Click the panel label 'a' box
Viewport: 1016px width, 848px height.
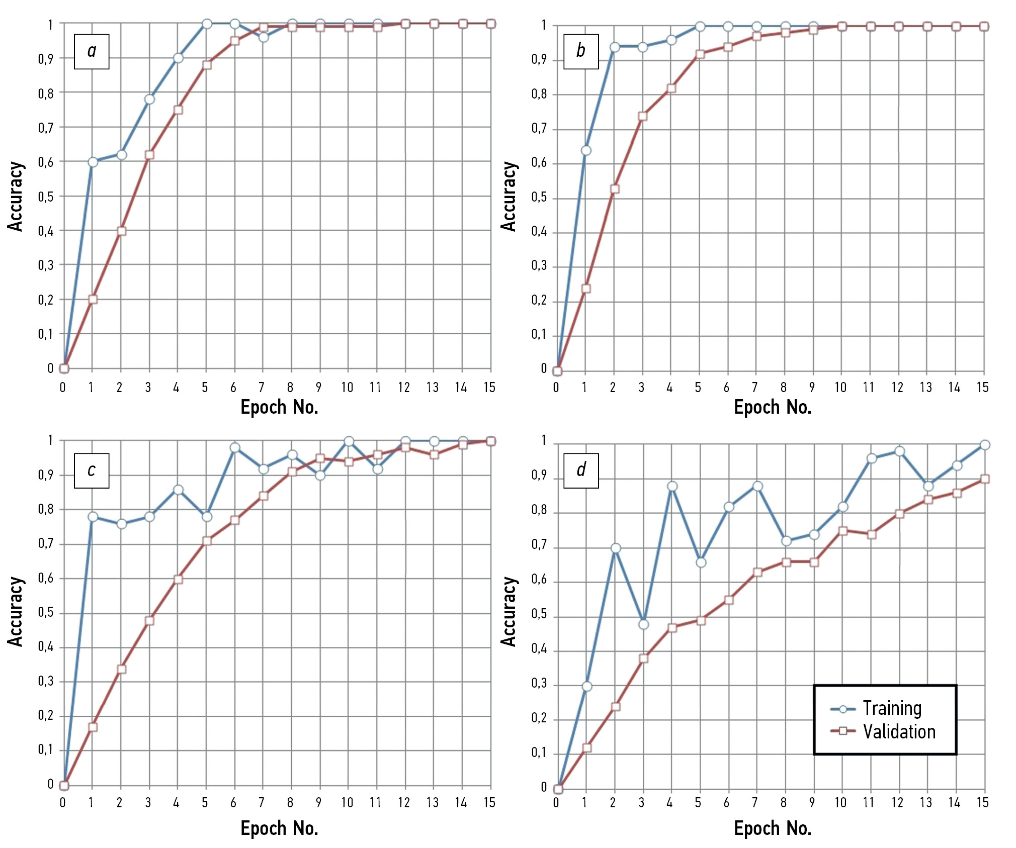(92, 51)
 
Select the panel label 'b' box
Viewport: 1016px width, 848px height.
(581, 51)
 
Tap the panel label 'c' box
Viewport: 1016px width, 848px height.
(92, 470)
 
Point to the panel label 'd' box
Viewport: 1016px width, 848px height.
(581, 470)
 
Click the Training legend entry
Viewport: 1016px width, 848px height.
(877, 708)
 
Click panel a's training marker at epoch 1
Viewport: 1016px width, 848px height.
(93, 161)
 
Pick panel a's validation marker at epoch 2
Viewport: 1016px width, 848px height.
(121, 231)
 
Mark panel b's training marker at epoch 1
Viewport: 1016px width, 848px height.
(586, 150)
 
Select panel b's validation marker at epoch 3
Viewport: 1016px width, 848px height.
(643, 116)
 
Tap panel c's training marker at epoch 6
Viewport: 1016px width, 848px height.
(235, 447)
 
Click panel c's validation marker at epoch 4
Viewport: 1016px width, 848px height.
(178, 579)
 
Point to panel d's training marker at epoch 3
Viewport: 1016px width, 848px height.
(643, 624)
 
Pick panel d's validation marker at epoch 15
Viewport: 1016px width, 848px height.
(985, 479)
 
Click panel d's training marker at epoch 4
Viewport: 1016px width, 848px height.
(672, 486)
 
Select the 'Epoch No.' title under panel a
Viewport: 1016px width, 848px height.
(279, 407)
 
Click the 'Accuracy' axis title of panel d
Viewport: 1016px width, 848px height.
(509, 611)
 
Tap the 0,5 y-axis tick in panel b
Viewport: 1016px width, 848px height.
(539, 198)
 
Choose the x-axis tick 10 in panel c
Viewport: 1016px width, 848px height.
(347, 803)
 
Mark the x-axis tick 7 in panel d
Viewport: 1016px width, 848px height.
(754, 803)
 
